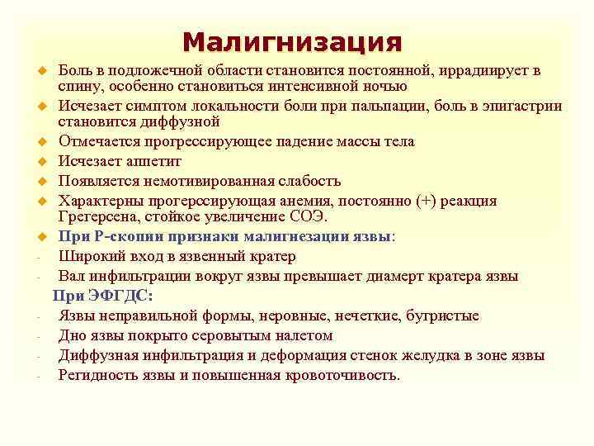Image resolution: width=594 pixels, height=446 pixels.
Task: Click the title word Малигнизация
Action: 292,42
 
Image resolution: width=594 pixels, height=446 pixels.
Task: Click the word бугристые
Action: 442,316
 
